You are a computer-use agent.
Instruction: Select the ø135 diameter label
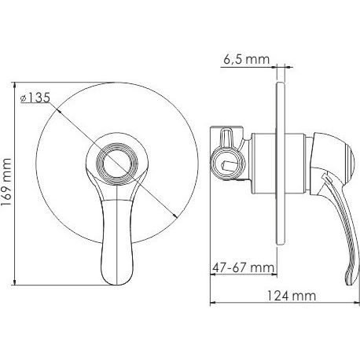point(35,98)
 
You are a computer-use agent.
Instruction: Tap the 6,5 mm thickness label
point(246,60)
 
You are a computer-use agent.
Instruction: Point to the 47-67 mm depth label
point(243,267)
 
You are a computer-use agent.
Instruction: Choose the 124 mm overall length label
point(291,296)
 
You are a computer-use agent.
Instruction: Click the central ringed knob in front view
point(117,164)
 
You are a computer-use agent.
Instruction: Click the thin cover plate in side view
point(281,164)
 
